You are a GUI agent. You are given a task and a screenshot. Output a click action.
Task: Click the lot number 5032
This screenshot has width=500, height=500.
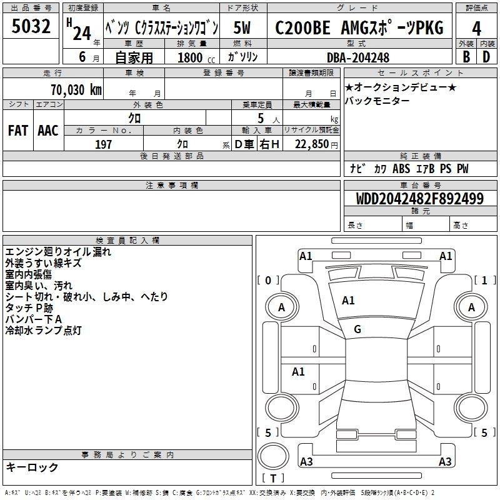tap(31, 26)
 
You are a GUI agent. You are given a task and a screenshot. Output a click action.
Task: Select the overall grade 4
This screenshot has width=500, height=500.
tap(476, 28)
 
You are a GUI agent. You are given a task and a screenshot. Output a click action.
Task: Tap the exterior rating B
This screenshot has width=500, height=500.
tap(466, 57)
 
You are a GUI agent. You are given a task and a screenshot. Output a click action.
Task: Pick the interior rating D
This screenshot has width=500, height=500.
tap(486, 57)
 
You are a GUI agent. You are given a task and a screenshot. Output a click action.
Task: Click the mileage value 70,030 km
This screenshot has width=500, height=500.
tap(76, 89)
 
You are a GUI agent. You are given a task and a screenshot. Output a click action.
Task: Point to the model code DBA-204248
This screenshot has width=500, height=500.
tap(358, 57)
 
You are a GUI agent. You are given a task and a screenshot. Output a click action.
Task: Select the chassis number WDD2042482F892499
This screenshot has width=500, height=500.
tap(420, 198)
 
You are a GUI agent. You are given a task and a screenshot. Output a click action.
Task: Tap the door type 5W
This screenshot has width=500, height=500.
tap(242, 27)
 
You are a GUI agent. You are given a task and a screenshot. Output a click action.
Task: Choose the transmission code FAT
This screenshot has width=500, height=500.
tap(18, 131)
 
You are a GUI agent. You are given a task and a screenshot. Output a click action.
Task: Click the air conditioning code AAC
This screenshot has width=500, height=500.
tap(48, 131)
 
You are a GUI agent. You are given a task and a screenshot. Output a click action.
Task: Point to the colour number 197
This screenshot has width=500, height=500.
tap(103, 144)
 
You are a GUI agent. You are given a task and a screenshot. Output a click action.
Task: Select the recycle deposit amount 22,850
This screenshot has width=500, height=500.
tap(312, 144)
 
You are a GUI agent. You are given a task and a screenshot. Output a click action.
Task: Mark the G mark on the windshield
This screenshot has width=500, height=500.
tap(357, 329)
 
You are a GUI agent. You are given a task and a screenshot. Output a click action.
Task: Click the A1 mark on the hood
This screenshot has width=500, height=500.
tap(348, 301)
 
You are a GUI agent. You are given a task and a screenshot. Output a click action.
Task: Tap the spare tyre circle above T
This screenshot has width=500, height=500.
tap(273, 456)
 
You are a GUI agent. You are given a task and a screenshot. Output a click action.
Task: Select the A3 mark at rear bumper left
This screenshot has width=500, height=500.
tap(306, 461)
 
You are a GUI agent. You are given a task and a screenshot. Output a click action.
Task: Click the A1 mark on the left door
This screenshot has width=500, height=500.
tap(298, 371)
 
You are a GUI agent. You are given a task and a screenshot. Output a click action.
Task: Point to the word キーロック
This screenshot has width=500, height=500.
tap(32, 467)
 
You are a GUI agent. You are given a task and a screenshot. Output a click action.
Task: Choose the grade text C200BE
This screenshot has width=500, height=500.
tap(302, 27)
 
